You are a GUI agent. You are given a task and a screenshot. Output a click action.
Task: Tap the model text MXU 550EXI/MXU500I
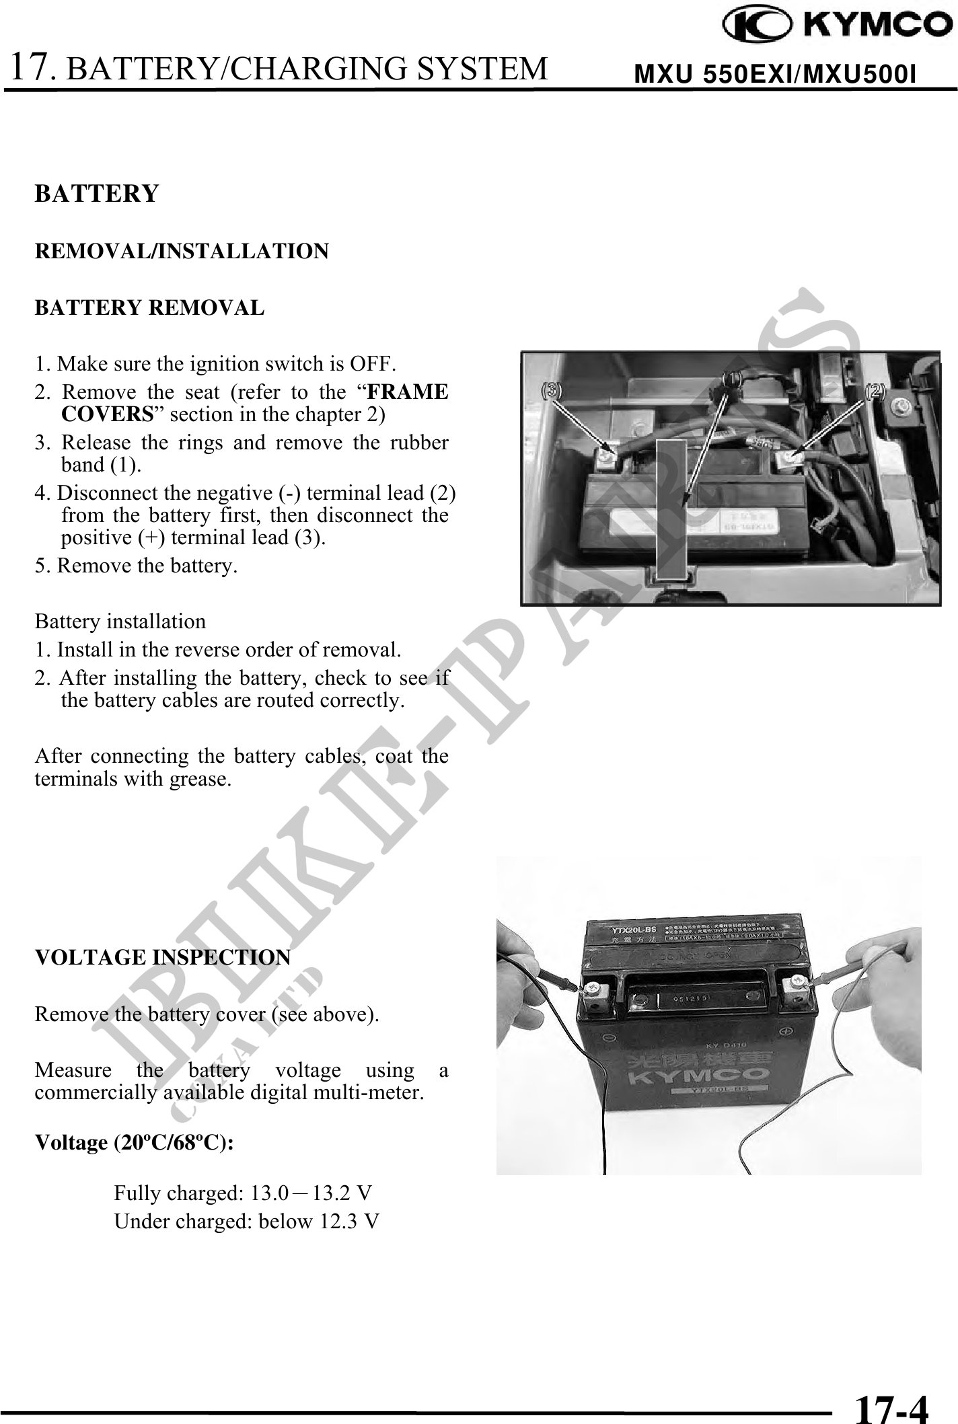[775, 75]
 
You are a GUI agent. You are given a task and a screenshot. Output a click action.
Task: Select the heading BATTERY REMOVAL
[149, 308]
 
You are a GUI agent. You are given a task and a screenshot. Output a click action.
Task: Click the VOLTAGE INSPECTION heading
[163, 957]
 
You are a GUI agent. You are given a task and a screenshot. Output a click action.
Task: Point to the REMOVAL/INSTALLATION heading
[182, 252]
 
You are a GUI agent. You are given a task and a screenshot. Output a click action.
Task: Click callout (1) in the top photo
[732, 379]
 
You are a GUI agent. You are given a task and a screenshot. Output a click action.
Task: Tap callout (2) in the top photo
[875, 390]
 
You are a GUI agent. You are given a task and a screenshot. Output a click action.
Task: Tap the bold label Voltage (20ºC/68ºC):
[135, 1143]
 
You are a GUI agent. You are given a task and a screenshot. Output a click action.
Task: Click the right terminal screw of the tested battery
[798, 984]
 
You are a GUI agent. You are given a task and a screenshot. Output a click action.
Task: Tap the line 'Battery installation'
[120, 621]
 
